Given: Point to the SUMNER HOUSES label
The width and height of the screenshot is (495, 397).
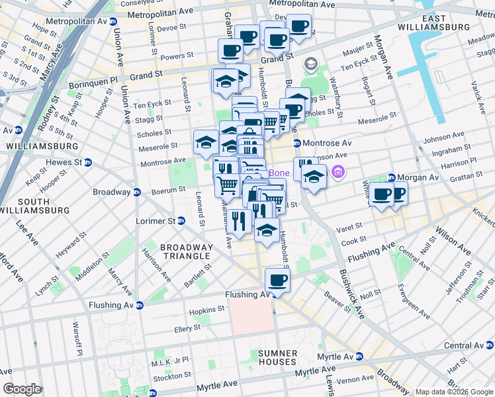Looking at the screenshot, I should (x=278, y=357).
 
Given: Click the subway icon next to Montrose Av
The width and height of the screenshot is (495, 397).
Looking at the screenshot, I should (x=297, y=143).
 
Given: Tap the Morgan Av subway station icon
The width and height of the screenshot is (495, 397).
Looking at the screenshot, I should (x=391, y=177).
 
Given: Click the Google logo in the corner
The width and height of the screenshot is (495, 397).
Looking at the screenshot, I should (x=21, y=389).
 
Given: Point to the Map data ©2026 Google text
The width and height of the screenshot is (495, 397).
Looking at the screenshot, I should (x=453, y=392).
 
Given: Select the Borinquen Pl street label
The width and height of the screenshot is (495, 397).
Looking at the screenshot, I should (x=100, y=77).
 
